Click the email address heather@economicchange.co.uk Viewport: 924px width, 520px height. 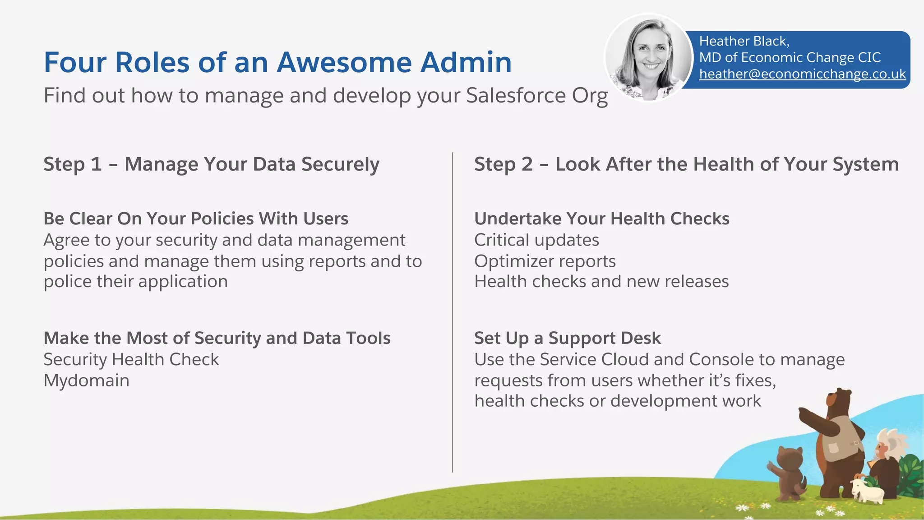[x=802, y=74]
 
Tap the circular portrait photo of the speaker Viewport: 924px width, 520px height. [x=649, y=57]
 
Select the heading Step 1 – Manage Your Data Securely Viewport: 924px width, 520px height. [x=211, y=164]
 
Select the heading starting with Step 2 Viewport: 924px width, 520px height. [x=686, y=164]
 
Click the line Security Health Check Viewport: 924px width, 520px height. [x=131, y=360]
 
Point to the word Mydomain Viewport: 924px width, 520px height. [x=86, y=381]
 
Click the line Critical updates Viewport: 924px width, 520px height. [x=536, y=240]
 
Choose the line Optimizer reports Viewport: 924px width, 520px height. [x=545, y=261]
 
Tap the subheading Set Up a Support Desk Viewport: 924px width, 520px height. [x=567, y=338]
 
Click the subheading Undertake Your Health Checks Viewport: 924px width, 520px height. [x=601, y=219]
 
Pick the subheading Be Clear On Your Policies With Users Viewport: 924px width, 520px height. [x=196, y=219]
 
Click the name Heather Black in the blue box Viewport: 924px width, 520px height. [x=743, y=42]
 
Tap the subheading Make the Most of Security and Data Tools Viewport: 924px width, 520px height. [x=217, y=338]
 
